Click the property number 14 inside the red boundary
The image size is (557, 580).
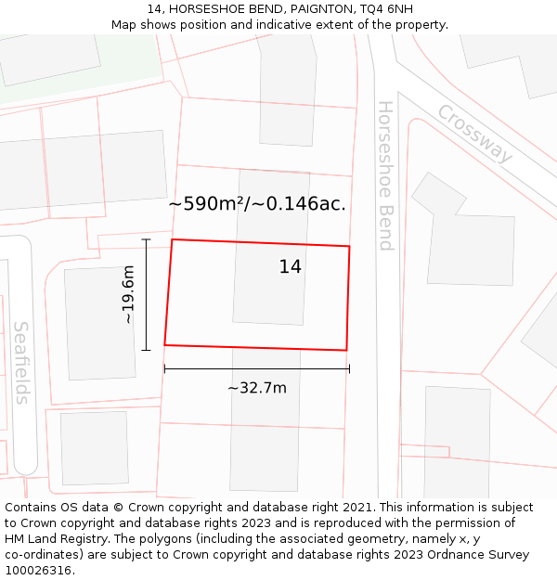291,267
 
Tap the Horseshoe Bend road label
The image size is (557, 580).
385,176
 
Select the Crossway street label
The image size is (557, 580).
474,134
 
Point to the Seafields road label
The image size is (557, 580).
21,363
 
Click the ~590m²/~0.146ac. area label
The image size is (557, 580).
257,204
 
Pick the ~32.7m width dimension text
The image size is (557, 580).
257,388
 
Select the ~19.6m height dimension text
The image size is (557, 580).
129,294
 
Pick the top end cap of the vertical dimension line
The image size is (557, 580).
146,239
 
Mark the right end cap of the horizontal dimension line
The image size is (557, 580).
349,368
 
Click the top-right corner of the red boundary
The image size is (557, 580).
349,246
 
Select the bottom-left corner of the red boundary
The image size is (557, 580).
165,344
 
